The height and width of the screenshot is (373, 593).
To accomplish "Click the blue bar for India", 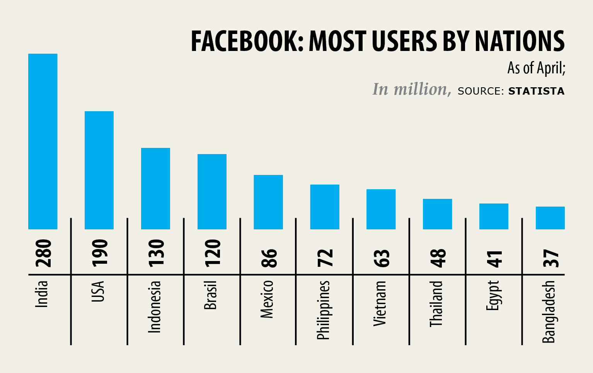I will tap(43, 141).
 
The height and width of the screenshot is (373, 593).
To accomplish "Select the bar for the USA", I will tap(99, 170).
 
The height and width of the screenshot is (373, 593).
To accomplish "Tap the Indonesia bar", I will tap(155, 188).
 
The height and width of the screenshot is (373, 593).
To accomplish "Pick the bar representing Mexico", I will tap(268, 202).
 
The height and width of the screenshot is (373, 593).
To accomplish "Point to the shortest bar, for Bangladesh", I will tap(550, 218).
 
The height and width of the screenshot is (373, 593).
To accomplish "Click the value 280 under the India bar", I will tap(43, 253).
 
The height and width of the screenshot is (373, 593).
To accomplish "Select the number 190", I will tap(100, 253).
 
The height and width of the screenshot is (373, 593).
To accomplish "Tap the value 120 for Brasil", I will tap(213, 253).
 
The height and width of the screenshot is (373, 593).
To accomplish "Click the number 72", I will tap(325, 258).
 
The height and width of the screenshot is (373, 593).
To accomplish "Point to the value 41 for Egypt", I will tap(494, 259).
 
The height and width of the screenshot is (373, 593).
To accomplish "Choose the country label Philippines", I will tap(323, 310).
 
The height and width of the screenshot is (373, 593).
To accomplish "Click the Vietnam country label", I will tap(380, 303).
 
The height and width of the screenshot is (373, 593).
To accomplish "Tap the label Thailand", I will tap(436, 304).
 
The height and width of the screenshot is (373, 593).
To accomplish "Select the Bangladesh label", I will tap(549, 312).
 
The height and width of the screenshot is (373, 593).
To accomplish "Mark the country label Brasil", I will tap(210, 295).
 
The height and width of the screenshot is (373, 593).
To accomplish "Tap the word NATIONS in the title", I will tap(520, 41).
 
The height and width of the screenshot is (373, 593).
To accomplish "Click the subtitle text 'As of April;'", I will tap(536, 68).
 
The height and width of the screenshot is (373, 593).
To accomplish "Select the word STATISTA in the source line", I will tap(536, 91).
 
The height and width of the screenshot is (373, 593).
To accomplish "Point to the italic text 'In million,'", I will tap(411, 90).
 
